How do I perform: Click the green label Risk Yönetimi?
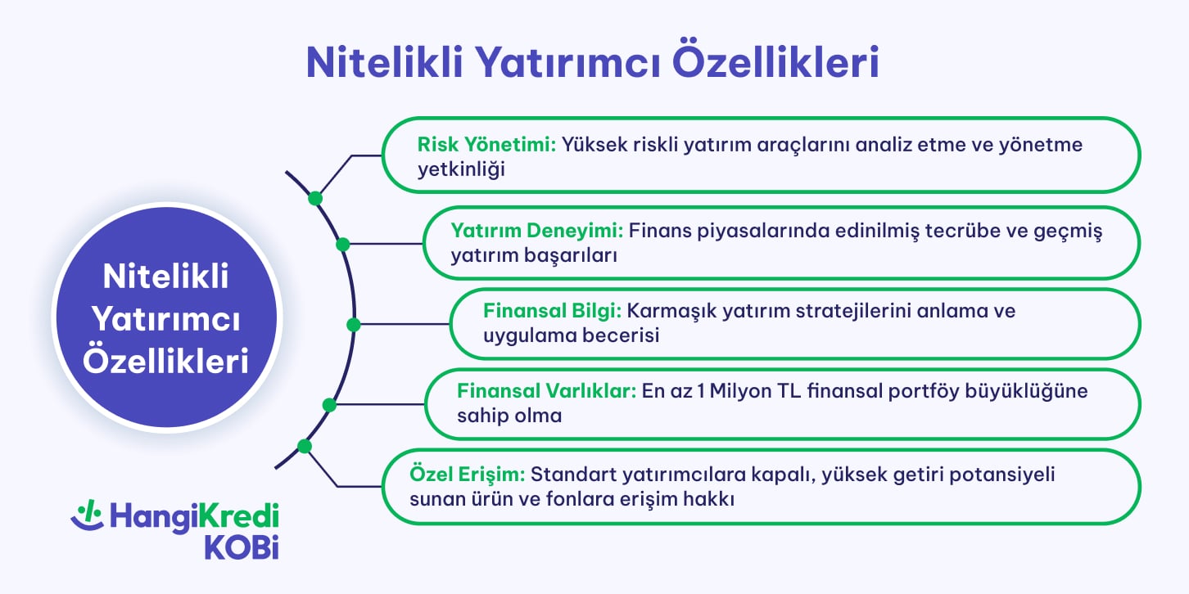486,145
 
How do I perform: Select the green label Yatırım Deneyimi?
537,231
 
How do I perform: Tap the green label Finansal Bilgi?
554,311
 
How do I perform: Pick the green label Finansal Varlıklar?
546,391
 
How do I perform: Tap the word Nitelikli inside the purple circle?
166,277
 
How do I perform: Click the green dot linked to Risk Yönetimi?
314,199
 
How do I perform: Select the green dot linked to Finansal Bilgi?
354,325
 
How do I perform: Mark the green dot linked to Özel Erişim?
305,446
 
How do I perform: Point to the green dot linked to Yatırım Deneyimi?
342,244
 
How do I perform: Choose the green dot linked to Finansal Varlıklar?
330,405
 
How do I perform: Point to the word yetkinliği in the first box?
461,169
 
